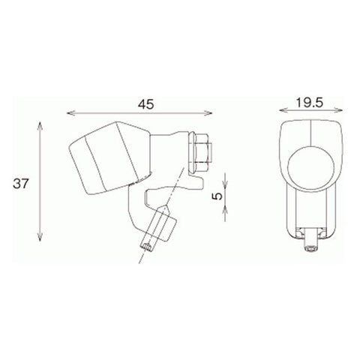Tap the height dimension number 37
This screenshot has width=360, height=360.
pyautogui.click(x=19, y=182)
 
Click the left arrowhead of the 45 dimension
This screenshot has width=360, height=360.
pyautogui.click(x=70, y=115)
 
